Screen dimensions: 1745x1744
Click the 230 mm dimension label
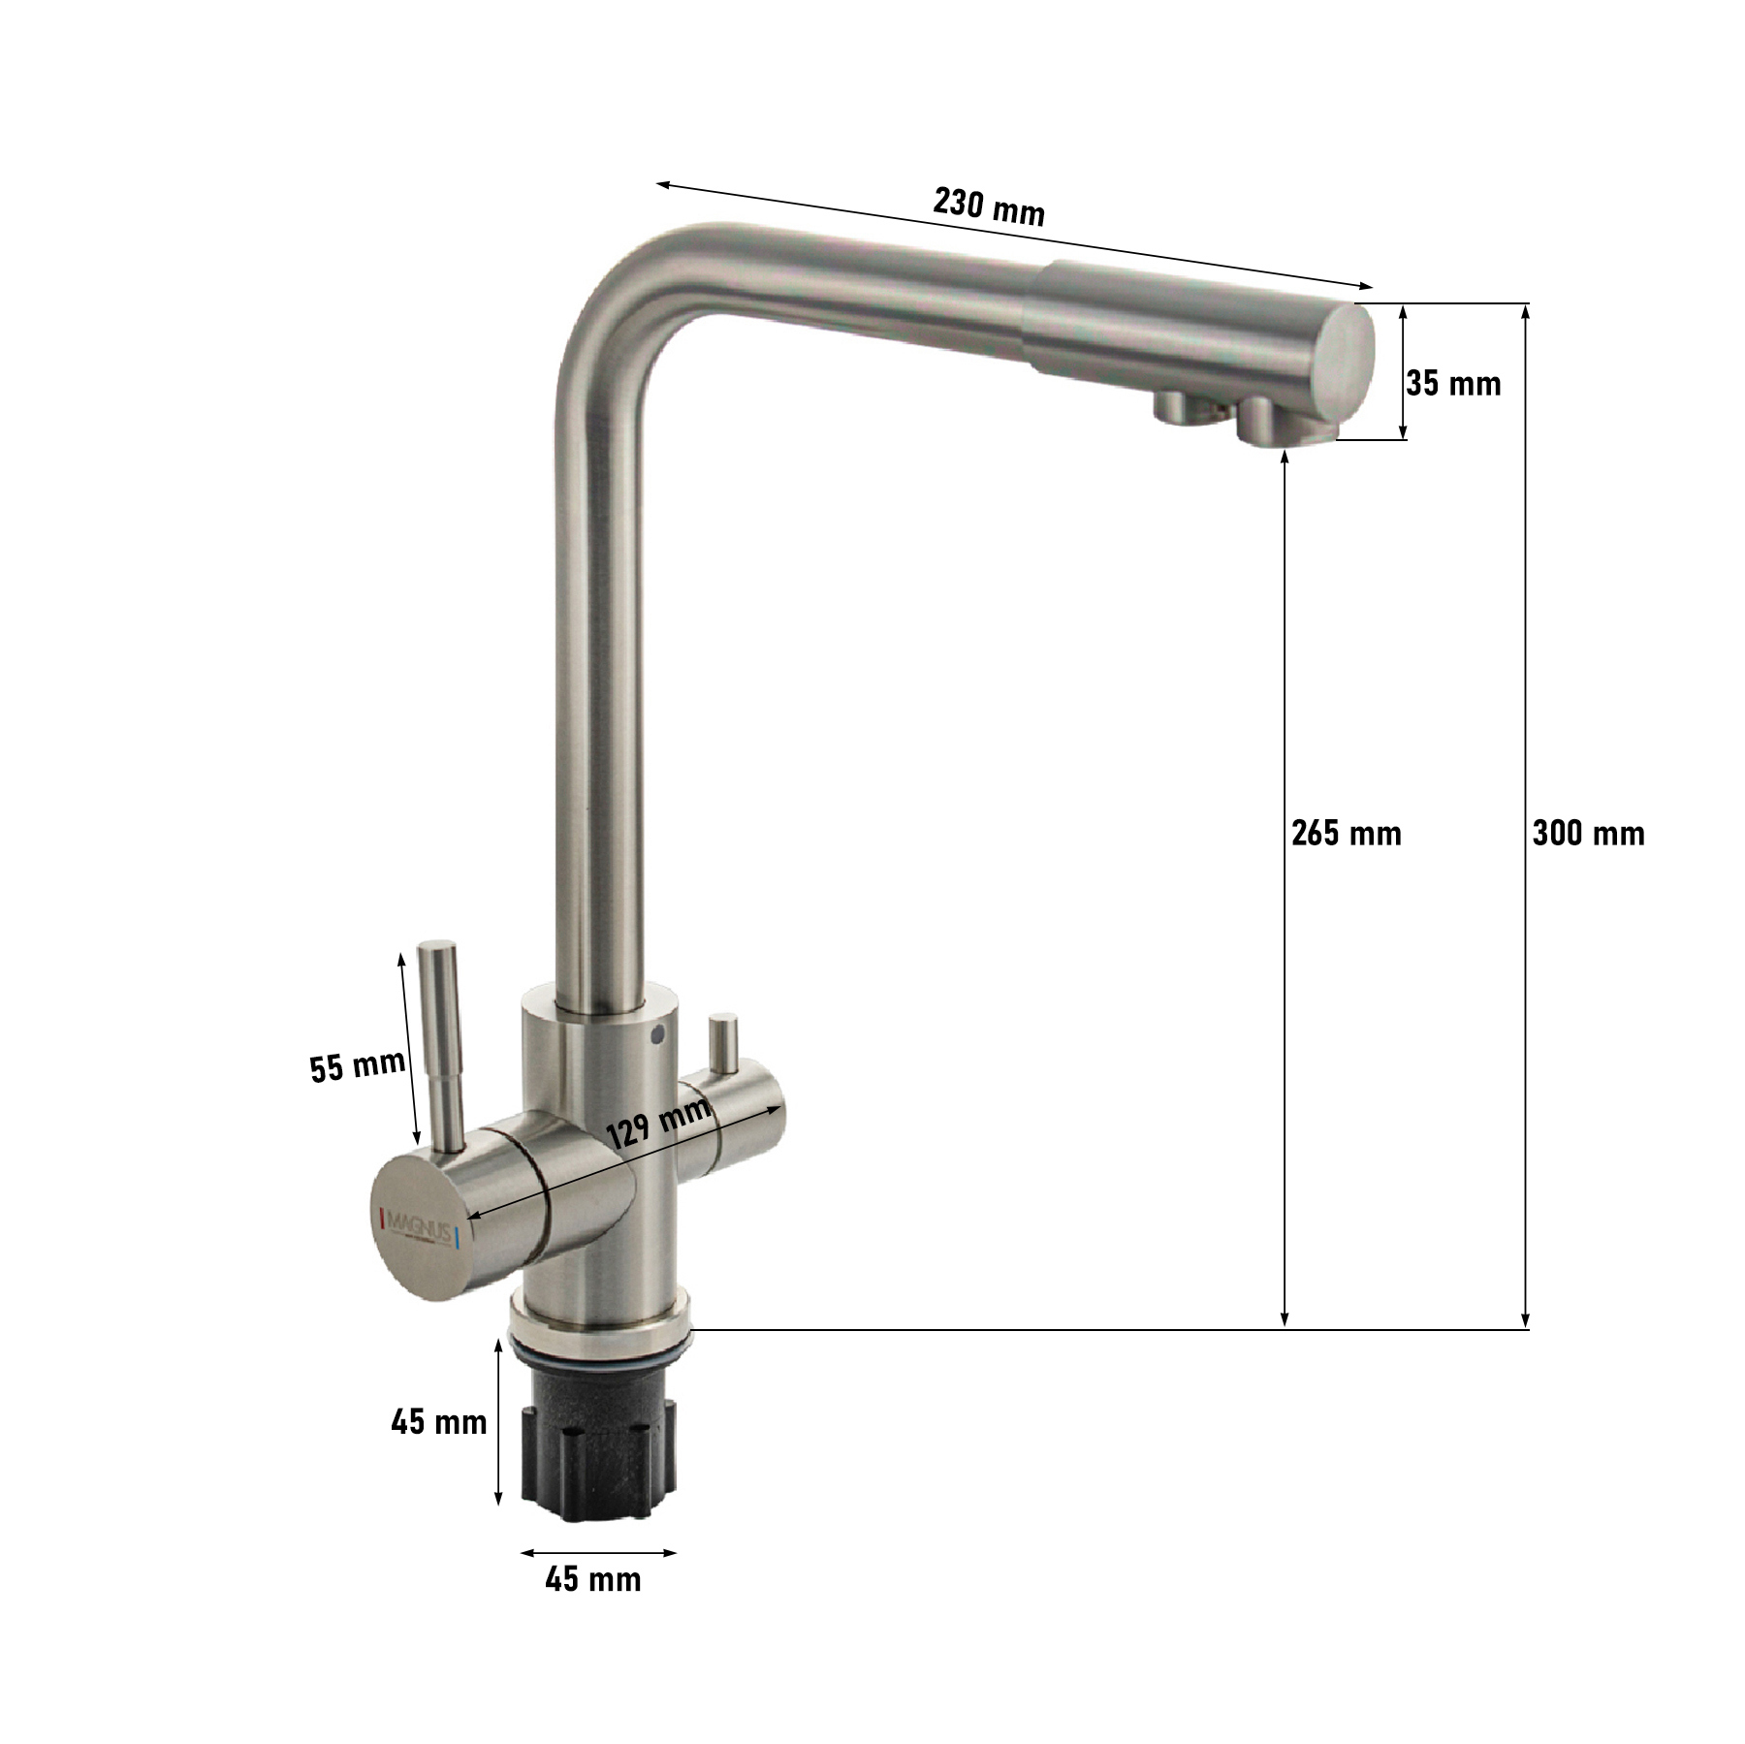[x=989, y=206]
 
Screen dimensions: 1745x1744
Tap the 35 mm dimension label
[x=1453, y=384]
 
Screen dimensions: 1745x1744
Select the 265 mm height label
[x=1347, y=833]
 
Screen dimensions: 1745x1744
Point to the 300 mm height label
[x=1588, y=833]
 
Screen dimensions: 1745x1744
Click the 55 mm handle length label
[x=358, y=1066]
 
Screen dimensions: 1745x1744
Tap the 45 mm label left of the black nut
[x=439, y=1422]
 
